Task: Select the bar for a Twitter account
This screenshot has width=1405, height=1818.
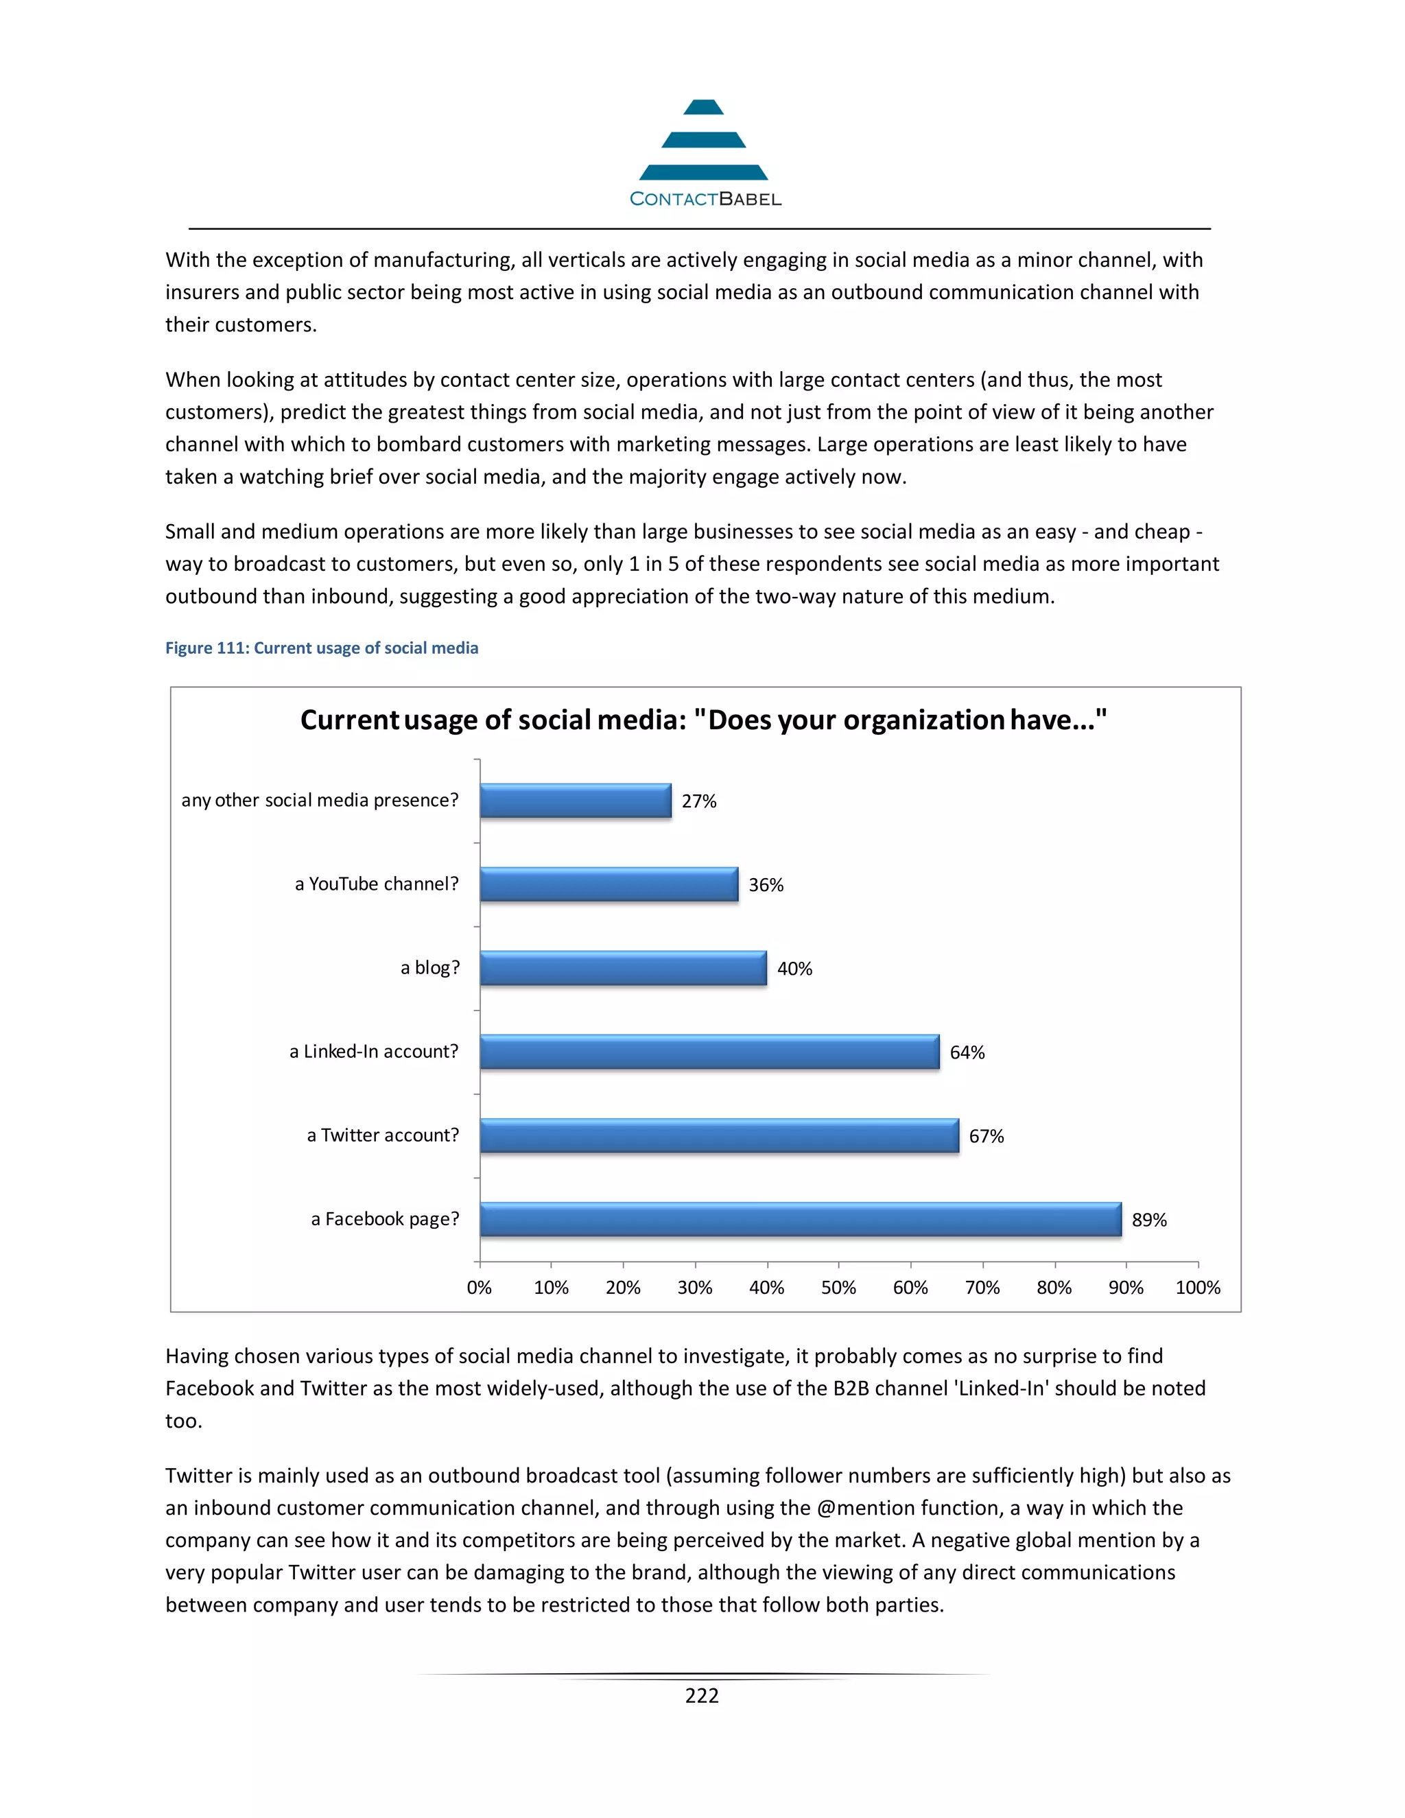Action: [719, 1135]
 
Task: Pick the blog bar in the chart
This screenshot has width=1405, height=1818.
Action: [623, 967]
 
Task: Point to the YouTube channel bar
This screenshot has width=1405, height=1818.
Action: [609, 884]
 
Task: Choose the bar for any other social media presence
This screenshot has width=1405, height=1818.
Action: [575, 800]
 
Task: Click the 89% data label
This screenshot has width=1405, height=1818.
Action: [1148, 1220]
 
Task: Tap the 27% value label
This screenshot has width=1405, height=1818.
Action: [698, 801]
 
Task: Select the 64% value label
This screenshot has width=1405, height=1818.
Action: [967, 1052]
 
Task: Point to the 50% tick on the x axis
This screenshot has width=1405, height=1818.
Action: [838, 1287]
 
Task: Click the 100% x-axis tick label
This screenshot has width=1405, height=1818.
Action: [1197, 1287]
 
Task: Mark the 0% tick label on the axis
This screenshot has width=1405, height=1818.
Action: [479, 1287]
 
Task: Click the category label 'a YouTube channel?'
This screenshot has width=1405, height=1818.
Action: [376, 884]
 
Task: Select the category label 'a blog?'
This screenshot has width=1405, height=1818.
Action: [429, 967]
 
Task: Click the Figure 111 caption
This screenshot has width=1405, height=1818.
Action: [321, 648]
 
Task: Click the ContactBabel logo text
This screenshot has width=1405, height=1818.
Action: [705, 199]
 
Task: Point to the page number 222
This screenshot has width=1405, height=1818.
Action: [702, 1696]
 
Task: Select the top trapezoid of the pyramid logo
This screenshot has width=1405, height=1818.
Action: [703, 108]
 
